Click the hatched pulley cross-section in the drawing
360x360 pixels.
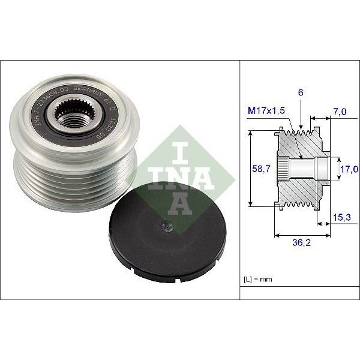(x=300, y=171)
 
